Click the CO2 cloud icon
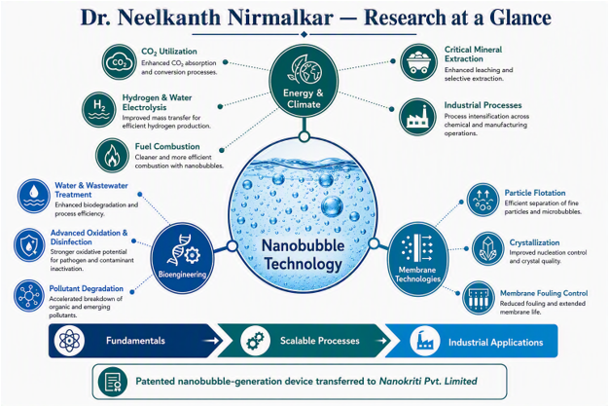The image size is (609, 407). (119, 62)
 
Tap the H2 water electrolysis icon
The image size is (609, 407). (99, 109)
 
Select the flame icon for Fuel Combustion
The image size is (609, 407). (112, 156)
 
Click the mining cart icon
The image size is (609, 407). (418, 62)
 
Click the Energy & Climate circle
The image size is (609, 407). (304, 83)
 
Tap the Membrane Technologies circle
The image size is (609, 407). (417, 257)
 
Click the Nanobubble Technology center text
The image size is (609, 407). (303, 255)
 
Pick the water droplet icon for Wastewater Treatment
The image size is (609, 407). (34, 196)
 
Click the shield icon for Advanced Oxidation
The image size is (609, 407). (30, 245)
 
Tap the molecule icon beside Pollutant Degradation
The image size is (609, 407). (29, 296)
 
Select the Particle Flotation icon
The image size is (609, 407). (483, 200)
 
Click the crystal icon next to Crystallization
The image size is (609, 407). (487, 249)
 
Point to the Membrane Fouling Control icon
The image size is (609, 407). (479, 298)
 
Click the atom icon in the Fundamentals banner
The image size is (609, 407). (69, 341)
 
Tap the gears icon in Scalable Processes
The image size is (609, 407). (255, 341)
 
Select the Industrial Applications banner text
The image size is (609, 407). (495, 342)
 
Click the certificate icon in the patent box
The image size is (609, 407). (113, 382)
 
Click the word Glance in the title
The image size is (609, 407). (520, 18)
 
